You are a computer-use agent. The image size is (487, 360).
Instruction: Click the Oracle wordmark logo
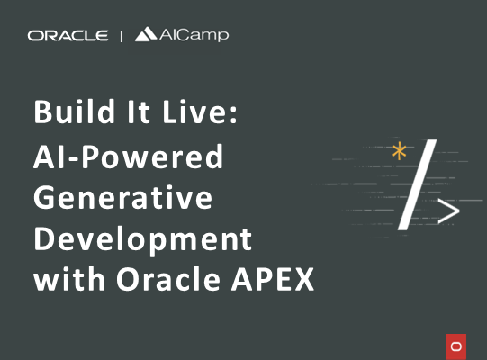click(x=68, y=36)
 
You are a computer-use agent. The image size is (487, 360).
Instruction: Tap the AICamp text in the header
click(x=194, y=35)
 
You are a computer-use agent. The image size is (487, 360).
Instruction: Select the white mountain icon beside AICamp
click(x=146, y=34)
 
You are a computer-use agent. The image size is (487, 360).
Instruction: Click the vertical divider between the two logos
click(x=121, y=36)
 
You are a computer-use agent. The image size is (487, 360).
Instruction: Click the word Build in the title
click(x=74, y=112)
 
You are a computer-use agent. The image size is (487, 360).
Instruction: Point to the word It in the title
click(x=139, y=112)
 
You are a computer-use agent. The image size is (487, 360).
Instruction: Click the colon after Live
click(x=234, y=112)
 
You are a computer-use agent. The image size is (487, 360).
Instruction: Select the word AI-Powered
click(x=128, y=157)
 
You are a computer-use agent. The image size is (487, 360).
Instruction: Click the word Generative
click(x=123, y=197)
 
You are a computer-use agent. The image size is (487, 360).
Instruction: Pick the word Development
click(x=142, y=240)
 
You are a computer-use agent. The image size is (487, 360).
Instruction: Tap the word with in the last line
click(x=69, y=278)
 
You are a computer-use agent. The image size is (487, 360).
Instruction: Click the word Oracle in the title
click(x=168, y=278)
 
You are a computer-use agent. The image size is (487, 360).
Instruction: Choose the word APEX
click(x=273, y=279)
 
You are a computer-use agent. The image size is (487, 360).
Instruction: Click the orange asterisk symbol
click(x=400, y=151)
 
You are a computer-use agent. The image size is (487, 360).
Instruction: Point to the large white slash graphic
click(x=417, y=184)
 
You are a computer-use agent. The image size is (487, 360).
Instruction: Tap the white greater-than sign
click(x=449, y=211)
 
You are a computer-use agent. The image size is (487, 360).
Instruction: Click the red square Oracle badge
click(x=456, y=346)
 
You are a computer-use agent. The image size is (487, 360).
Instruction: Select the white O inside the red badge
click(x=456, y=346)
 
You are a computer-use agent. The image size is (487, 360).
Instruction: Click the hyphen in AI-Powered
click(x=76, y=159)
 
